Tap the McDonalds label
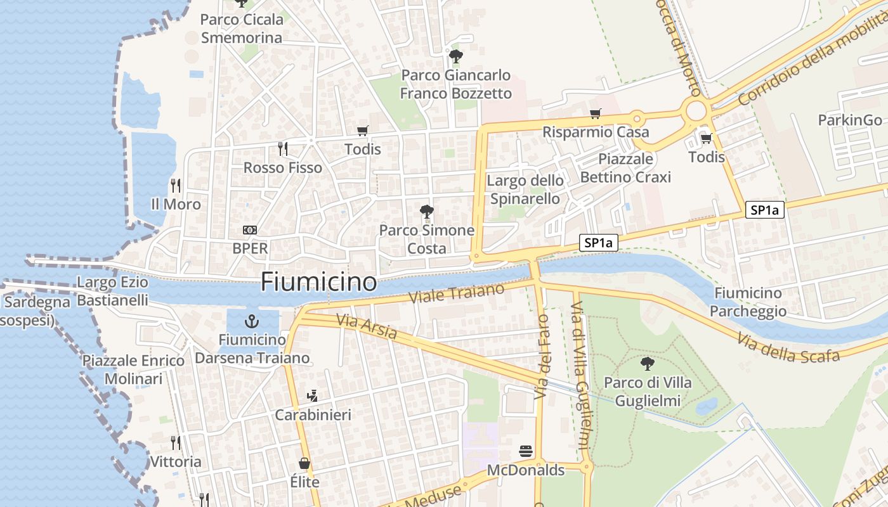[x=525, y=470]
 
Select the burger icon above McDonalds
[x=525, y=451]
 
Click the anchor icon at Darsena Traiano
[x=252, y=321]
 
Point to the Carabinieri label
[x=312, y=415]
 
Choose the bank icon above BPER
[x=250, y=230]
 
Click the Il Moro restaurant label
[x=176, y=204]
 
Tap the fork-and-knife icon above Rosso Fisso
[x=283, y=149]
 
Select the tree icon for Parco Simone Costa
[x=427, y=211]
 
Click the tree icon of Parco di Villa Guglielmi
[x=647, y=364]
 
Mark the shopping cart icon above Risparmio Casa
[x=595, y=114]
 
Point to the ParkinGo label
[x=849, y=120]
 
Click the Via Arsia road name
[x=367, y=326]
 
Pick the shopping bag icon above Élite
[x=304, y=463]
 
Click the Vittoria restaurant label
[x=176, y=461]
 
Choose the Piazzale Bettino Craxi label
[x=625, y=167]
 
